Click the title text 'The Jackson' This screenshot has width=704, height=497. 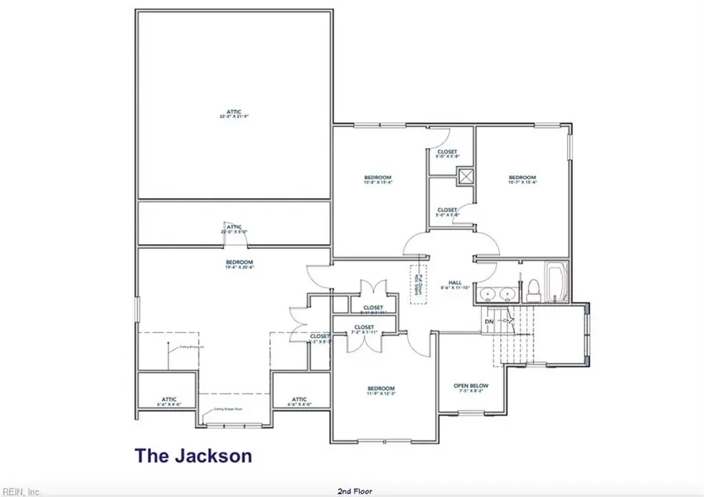pos(192,456)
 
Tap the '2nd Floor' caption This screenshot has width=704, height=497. pos(354,491)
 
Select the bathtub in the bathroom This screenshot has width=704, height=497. pos(556,282)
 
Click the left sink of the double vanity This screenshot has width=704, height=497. pos(488,294)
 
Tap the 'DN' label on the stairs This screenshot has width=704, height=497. pos(489,321)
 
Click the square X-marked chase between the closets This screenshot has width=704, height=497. pos(467,177)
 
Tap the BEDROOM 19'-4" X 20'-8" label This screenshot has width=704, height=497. pos(239,265)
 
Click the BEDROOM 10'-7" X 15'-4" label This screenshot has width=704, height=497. pos(522,180)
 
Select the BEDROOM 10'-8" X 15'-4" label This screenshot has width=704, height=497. pos(377,180)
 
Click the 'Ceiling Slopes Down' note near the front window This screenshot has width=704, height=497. pos(228,409)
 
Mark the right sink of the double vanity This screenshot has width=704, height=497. pos(508,294)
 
